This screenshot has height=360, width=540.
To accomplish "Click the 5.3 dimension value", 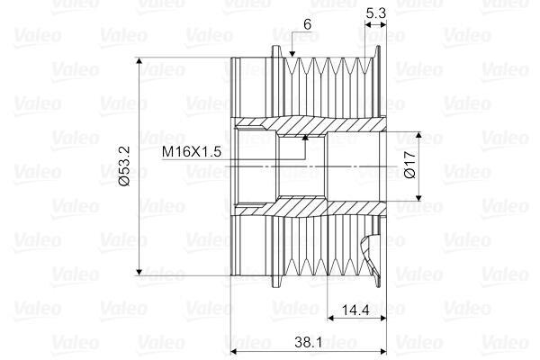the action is coord(375,13).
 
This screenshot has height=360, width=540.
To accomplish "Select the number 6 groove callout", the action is coord(307,24).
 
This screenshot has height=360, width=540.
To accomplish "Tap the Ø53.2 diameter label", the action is coord(124,166).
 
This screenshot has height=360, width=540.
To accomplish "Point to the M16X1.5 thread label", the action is coord(191,151).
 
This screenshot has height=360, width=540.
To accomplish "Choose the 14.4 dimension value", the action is coord(355,310).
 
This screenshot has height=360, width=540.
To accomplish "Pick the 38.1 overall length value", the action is coord(308,342).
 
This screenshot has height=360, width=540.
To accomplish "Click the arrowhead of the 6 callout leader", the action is coord(292,54).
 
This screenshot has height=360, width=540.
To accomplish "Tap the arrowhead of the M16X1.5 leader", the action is coord(305,138).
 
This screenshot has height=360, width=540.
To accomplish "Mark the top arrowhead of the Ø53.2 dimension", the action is coord(139,61).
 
